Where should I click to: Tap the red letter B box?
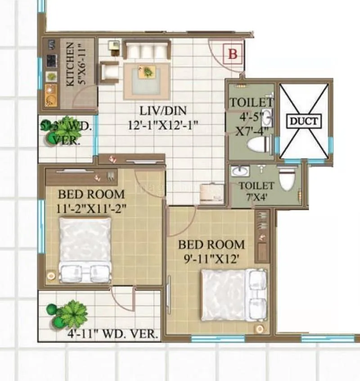(x=233, y=54)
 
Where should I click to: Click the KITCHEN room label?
(x=71, y=65)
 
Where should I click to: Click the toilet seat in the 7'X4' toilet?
(x=287, y=180)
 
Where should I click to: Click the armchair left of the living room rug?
(x=109, y=73)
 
